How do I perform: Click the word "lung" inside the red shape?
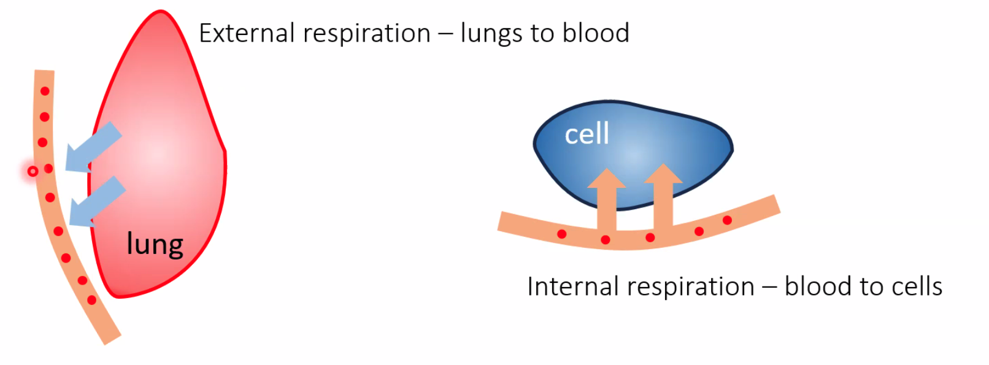tap(155, 244)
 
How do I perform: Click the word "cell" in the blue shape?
tap(587, 134)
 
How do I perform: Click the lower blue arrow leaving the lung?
tap(96, 201)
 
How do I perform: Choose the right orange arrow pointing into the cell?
tap(663, 193)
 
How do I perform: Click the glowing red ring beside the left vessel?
tap(33, 171)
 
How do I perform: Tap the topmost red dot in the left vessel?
tap(45, 91)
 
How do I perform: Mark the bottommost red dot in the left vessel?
tap(91, 300)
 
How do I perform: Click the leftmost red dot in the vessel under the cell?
tap(561, 234)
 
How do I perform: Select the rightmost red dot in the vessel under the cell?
tap(727, 220)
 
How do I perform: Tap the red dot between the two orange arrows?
tap(650, 237)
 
